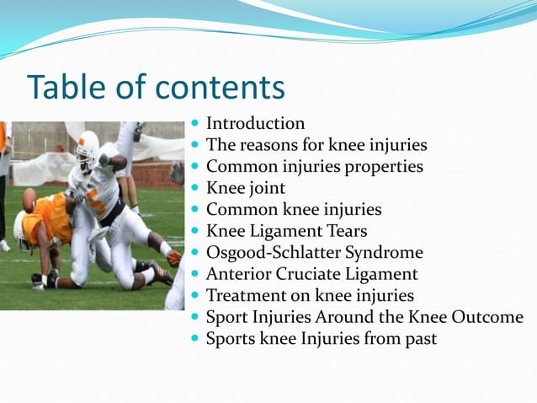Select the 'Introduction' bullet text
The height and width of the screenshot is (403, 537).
(255, 124)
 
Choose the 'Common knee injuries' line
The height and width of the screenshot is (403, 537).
(293, 209)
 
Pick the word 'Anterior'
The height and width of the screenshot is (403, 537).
(237, 274)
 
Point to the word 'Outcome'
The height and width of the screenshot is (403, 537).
(488, 317)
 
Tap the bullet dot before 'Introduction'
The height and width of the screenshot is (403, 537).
(195, 125)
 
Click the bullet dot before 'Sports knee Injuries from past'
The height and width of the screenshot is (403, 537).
(195, 340)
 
